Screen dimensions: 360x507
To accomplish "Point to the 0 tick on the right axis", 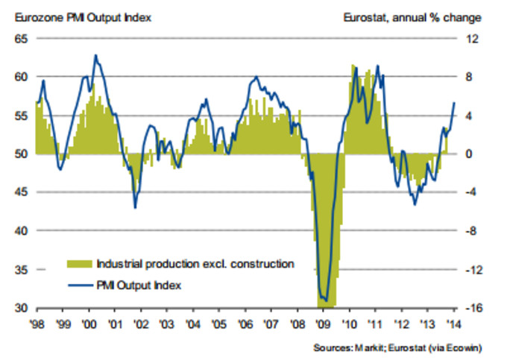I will point(471,154).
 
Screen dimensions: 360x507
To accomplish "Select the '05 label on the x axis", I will point(218,325).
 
